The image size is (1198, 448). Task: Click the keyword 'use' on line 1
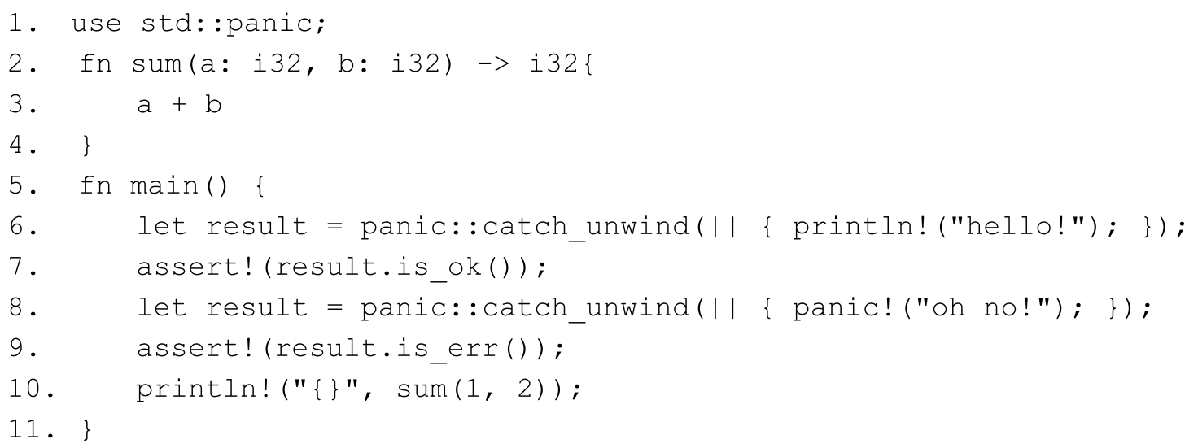click(x=97, y=24)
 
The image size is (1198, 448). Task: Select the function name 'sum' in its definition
click(x=157, y=65)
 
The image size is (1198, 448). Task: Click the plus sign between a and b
click(x=179, y=104)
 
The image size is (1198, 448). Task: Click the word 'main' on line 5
click(x=164, y=186)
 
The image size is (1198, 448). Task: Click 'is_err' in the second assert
click(x=448, y=349)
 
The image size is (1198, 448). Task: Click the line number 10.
click(x=32, y=389)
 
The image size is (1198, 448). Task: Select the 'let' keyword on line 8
click(x=162, y=307)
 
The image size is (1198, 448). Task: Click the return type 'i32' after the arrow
click(x=553, y=63)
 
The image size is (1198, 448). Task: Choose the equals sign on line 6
click(x=334, y=227)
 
